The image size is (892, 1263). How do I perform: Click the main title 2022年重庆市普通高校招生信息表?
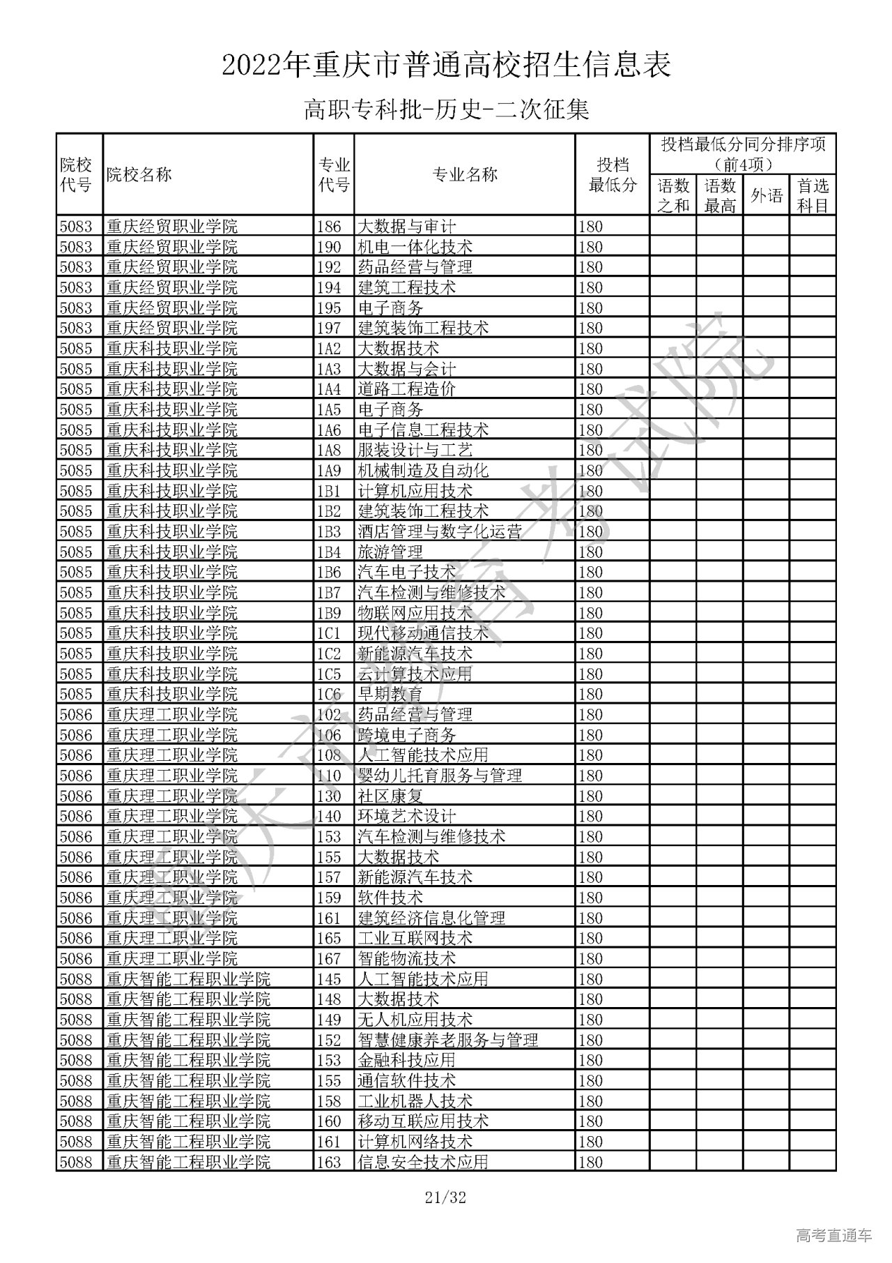click(x=446, y=66)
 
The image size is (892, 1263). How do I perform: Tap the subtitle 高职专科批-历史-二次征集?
click(x=446, y=109)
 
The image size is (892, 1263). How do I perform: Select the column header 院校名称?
click(x=139, y=174)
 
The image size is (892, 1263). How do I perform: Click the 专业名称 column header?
click(x=464, y=174)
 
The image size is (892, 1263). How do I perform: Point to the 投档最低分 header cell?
click(x=612, y=174)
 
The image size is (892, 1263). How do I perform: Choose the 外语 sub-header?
click(x=766, y=195)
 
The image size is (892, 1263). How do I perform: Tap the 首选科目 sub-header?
click(x=812, y=195)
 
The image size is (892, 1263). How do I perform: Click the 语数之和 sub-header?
click(x=673, y=195)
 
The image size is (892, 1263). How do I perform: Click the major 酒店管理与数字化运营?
click(x=439, y=531)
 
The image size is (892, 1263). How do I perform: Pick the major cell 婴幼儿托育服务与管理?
click(x=439, y=776)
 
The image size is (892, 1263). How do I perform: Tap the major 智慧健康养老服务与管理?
click(x=447, y=1040)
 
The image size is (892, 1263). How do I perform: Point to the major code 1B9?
click(x=329, y=613)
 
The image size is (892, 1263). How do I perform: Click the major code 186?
click(x=329, y=227)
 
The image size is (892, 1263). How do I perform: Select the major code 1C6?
click(x=329, y=695)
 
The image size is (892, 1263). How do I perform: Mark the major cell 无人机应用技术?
click(x=415, y=1020)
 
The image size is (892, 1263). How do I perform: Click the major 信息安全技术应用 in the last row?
click(x=422, y=1162)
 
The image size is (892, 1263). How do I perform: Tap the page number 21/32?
click(x=445, y=1198)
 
